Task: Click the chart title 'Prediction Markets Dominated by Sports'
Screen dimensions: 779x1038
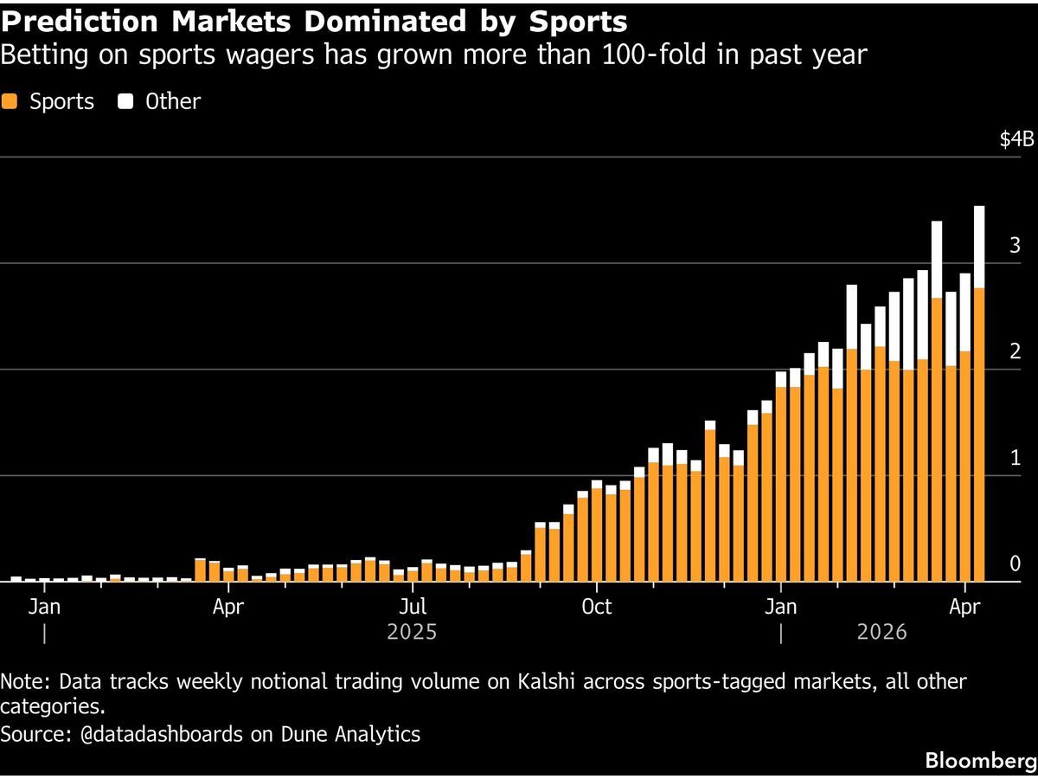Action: click(314, 21)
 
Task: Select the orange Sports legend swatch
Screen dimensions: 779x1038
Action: click(10, 101)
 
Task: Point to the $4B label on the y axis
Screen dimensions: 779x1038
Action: click(1016, 140)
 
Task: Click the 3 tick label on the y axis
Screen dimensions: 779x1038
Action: click(1015, 246)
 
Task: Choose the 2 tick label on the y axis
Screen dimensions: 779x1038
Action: click(1015, 352)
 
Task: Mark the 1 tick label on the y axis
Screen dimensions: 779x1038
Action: click(1015, 459)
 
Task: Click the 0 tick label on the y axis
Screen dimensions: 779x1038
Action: click(1015, 564)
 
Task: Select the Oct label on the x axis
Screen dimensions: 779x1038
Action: click(597, 606)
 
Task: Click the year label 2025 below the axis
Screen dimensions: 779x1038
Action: click(412, 633)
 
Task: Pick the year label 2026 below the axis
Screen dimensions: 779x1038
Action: click(881, 633)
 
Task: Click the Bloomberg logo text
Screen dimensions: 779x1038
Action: click(980, 761)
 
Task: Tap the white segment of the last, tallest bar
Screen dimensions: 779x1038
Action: click(979, 247)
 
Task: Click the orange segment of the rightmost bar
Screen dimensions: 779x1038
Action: click(979, 433)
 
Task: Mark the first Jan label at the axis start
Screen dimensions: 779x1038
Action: click(43, 606)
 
